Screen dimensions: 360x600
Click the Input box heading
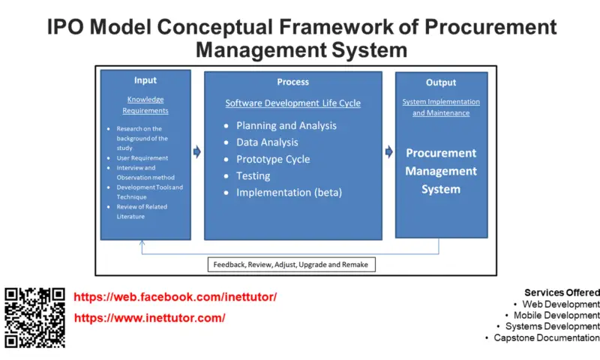pyautogui.click(x=145, y=80)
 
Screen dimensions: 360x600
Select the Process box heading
pyautogui.click(x=292, y=82)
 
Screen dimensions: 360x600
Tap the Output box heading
pyautogui.click(x=441, y=82)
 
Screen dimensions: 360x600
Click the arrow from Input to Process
pyautogui.click(x=196, y=152)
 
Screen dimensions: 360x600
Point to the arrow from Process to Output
pyautogui.click(x=388, y=152)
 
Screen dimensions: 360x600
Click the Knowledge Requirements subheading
pyautogui.click(x=145, y=105)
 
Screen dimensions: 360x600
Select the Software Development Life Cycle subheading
pyautogui.click(x=293, y=103)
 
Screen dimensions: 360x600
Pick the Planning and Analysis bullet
pyautogui.click(x=286, y=126)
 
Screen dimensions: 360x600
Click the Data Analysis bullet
pyautogui.click(x=267, y=142)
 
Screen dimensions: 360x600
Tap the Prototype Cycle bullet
pyautogui.click(x=272, y=159)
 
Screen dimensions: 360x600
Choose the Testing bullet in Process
pyautogui.click(x=253, y=175)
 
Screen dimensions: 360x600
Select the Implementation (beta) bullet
pyautogui.click(x=289, y=193)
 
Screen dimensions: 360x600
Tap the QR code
pyautogui.click(x=35, y=317)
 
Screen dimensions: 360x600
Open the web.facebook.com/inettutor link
pyautogui.click(x=175, y=297)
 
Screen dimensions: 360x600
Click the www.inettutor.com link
pyautogui.click(x=149, y=318)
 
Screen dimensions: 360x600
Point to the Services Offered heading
pyautogui.click(x=562, y=292)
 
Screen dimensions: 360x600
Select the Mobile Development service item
pyautogui.click(x=556, y=316)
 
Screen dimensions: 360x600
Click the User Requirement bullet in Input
pyautogui.click(x=142, y=158)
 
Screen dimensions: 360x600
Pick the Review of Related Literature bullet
pyautogui.click(x=142, y=211)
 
